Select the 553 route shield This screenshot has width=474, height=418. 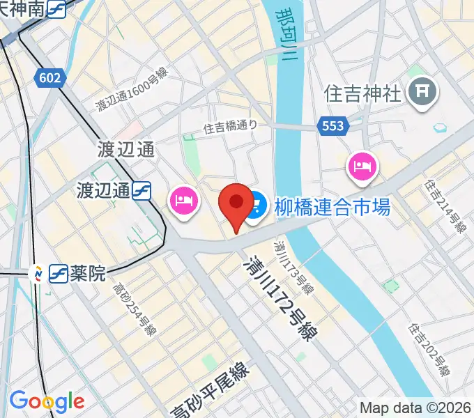click(332, 125)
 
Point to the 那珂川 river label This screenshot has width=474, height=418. click(286, 39)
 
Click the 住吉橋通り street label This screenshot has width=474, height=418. click(231, 127)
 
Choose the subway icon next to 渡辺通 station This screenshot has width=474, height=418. click(144, 189)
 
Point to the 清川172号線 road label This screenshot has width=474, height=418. click(277, 300)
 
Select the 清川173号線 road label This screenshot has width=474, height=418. click(292, 268)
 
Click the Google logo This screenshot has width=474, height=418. click(47, 401)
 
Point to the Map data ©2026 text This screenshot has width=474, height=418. click(415, 407)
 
